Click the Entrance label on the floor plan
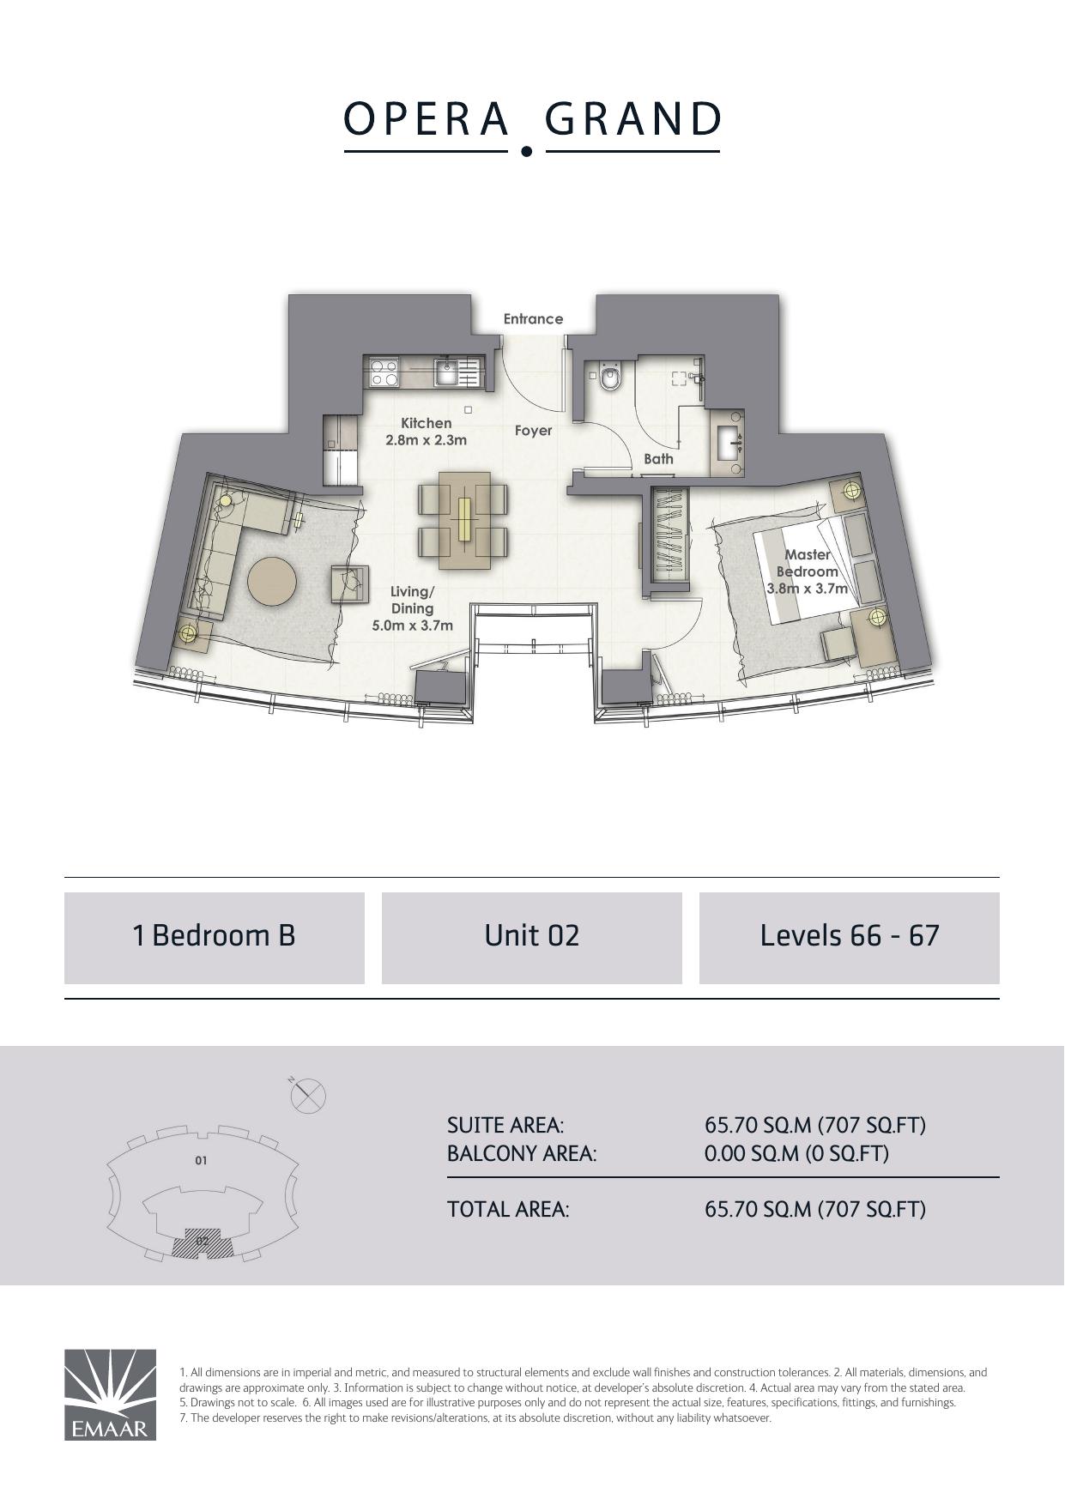[x=533, y=319]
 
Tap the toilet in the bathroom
[x=610, y=377]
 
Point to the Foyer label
[x=533, y=431]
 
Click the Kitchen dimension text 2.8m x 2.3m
[x=426, y=441]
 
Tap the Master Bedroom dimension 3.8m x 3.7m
[x=807, y=589]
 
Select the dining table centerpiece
[x=463, y=519]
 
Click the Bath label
[x=658, y=459]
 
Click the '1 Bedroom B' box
[x=215, y=937]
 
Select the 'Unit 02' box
[x=532, y=937]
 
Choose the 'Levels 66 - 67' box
[x=850, y=937]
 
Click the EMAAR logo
[x=110, y=1394]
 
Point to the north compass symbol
[x=307, y=1095]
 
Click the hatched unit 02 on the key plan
[x=203, y=1242]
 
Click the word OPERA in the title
[x=427, y=119]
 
